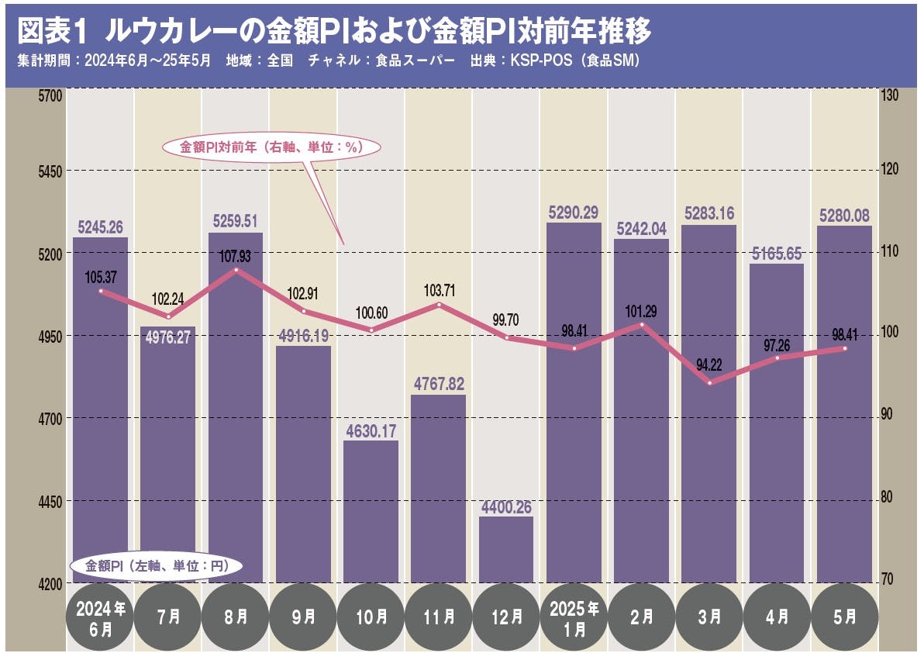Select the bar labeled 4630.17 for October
371,512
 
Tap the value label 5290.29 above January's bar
574,212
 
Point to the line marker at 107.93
236,270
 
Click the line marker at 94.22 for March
709,382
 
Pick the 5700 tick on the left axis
49,95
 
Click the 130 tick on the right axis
889,95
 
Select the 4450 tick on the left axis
49,501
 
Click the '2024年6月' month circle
101,617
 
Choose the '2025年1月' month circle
574,617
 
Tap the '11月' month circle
439,617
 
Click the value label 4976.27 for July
167,337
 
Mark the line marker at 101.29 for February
642,324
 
